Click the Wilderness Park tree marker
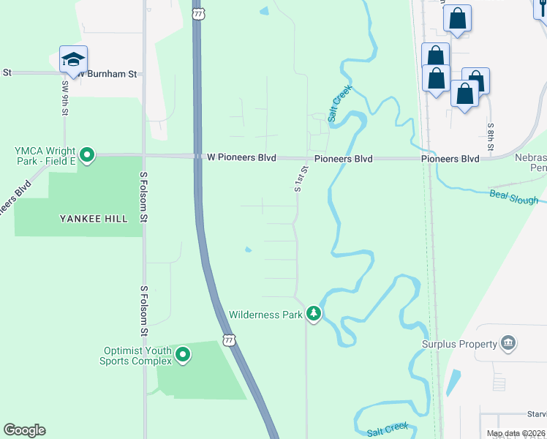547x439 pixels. (314, 314)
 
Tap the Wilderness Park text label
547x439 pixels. (265, 315)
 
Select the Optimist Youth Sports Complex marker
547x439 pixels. (183, 356)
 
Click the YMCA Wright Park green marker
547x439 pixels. (87, 154)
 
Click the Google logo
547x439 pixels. (24, 430)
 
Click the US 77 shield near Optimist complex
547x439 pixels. (230, 340)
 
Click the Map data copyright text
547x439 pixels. (516, 434)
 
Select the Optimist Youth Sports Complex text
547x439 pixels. (137, 355)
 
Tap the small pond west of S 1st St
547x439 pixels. (248, 250)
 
